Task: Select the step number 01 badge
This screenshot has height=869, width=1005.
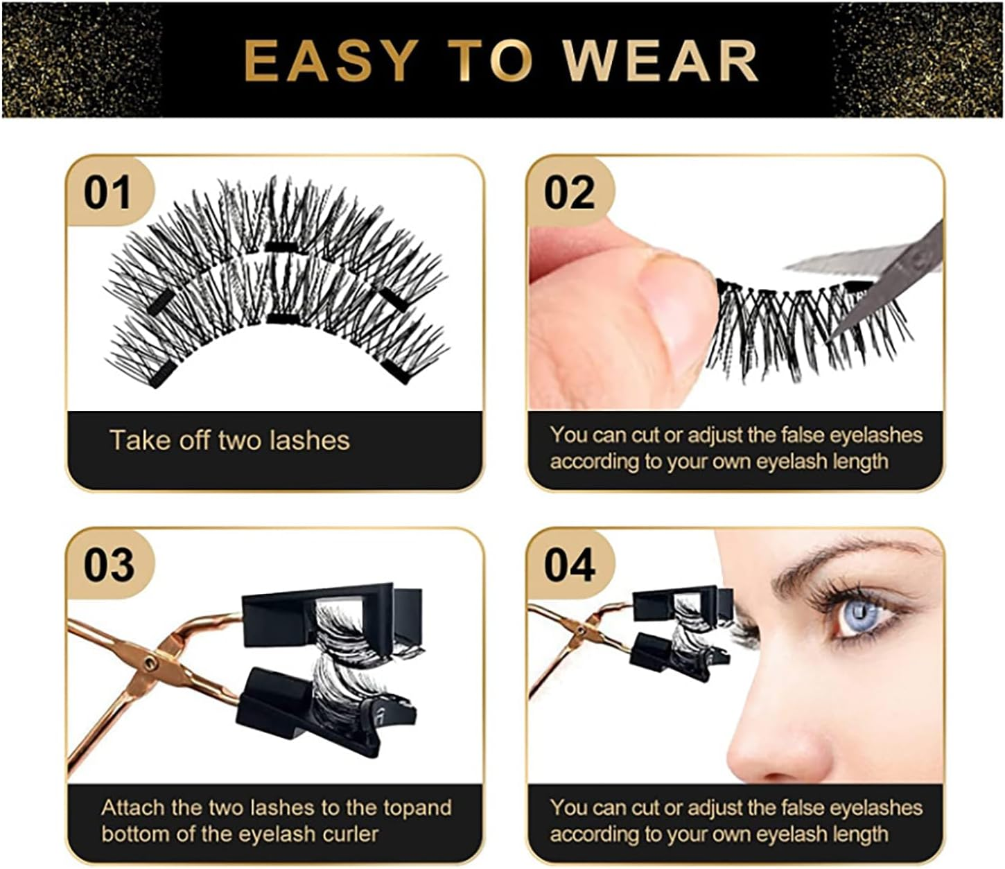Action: [x=107, y=192]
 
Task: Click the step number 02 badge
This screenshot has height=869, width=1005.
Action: [x=569, y=192]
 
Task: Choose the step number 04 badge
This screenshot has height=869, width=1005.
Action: [x=569, y=565]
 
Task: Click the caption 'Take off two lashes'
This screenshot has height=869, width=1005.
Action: [x=229, y=441]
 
